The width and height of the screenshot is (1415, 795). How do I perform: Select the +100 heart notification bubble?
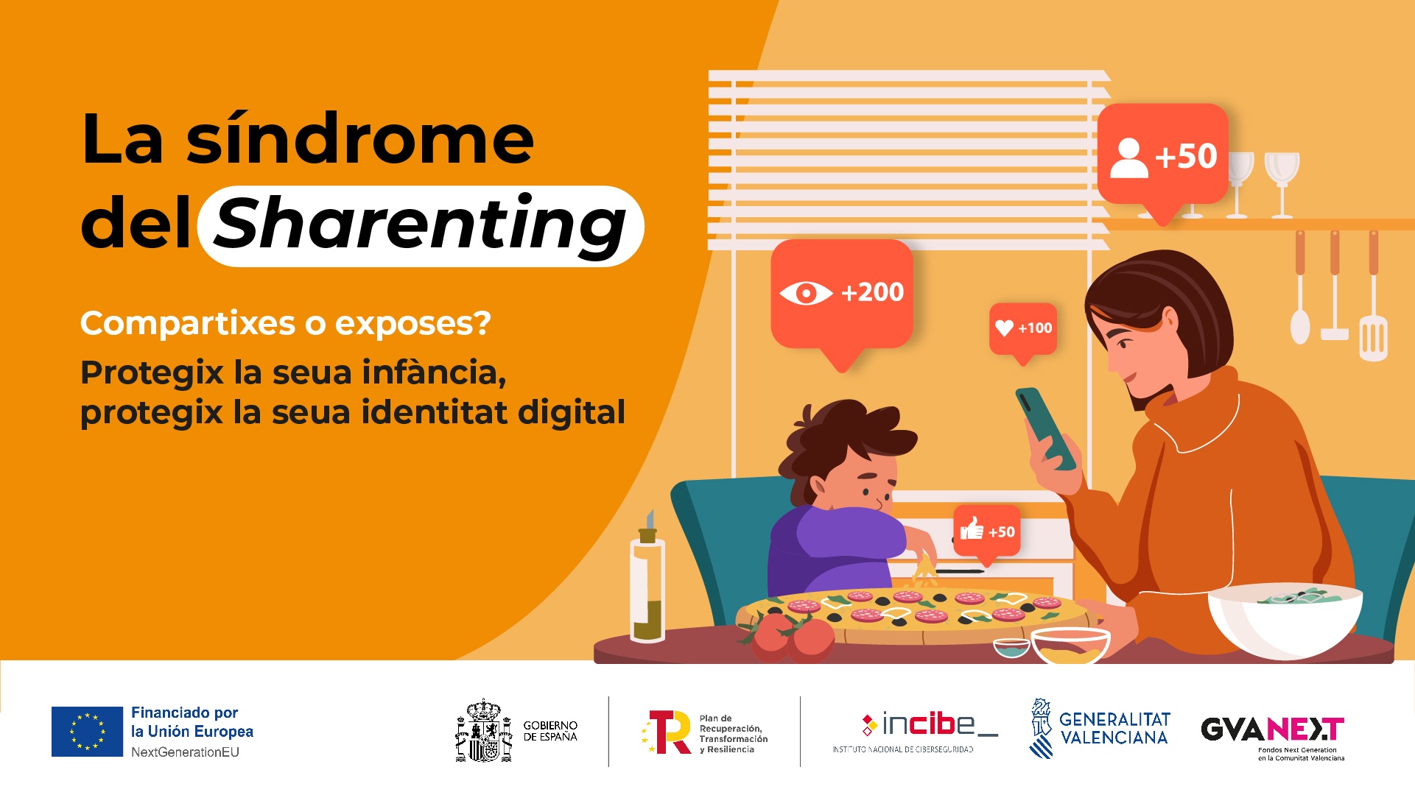click(x=1023, y=331)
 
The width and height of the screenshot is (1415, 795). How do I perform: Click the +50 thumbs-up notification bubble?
click(x=987, y=533)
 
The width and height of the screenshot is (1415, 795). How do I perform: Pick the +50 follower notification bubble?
click(x=1162, y=158)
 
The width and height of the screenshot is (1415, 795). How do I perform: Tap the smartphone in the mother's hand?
click(x=1046, y=428)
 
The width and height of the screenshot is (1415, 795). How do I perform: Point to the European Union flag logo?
click(x=87, y=732)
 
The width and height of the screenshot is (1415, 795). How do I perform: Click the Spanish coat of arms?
click(x=483, y=731)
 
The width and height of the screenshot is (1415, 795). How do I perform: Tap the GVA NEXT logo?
click(x=1273, y=737)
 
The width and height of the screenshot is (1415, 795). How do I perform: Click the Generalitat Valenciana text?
click(x=1114, y=728)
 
